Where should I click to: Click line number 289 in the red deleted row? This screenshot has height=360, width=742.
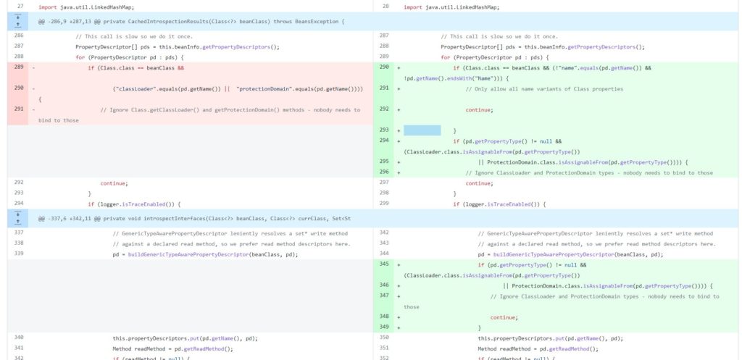point(19,67)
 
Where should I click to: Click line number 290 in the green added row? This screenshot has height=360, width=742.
point(384,67)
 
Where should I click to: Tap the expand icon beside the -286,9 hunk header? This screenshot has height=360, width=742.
point(18,21)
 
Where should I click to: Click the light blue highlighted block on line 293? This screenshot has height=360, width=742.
point(422,130)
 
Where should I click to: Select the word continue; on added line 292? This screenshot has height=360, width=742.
point(479,110)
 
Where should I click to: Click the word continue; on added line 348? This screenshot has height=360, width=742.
point(504,317)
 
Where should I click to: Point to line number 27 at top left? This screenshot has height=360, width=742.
point(19,7)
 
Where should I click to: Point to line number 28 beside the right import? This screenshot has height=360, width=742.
point(385,7)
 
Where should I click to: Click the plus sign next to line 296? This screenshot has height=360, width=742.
point(399,172)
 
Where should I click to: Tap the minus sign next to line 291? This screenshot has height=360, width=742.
point(33,110)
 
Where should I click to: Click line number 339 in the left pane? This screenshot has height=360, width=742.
point(19,254)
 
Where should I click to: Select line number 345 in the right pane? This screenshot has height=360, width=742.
point(384,264)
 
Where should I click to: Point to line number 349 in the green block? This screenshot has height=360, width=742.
point(384,327)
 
